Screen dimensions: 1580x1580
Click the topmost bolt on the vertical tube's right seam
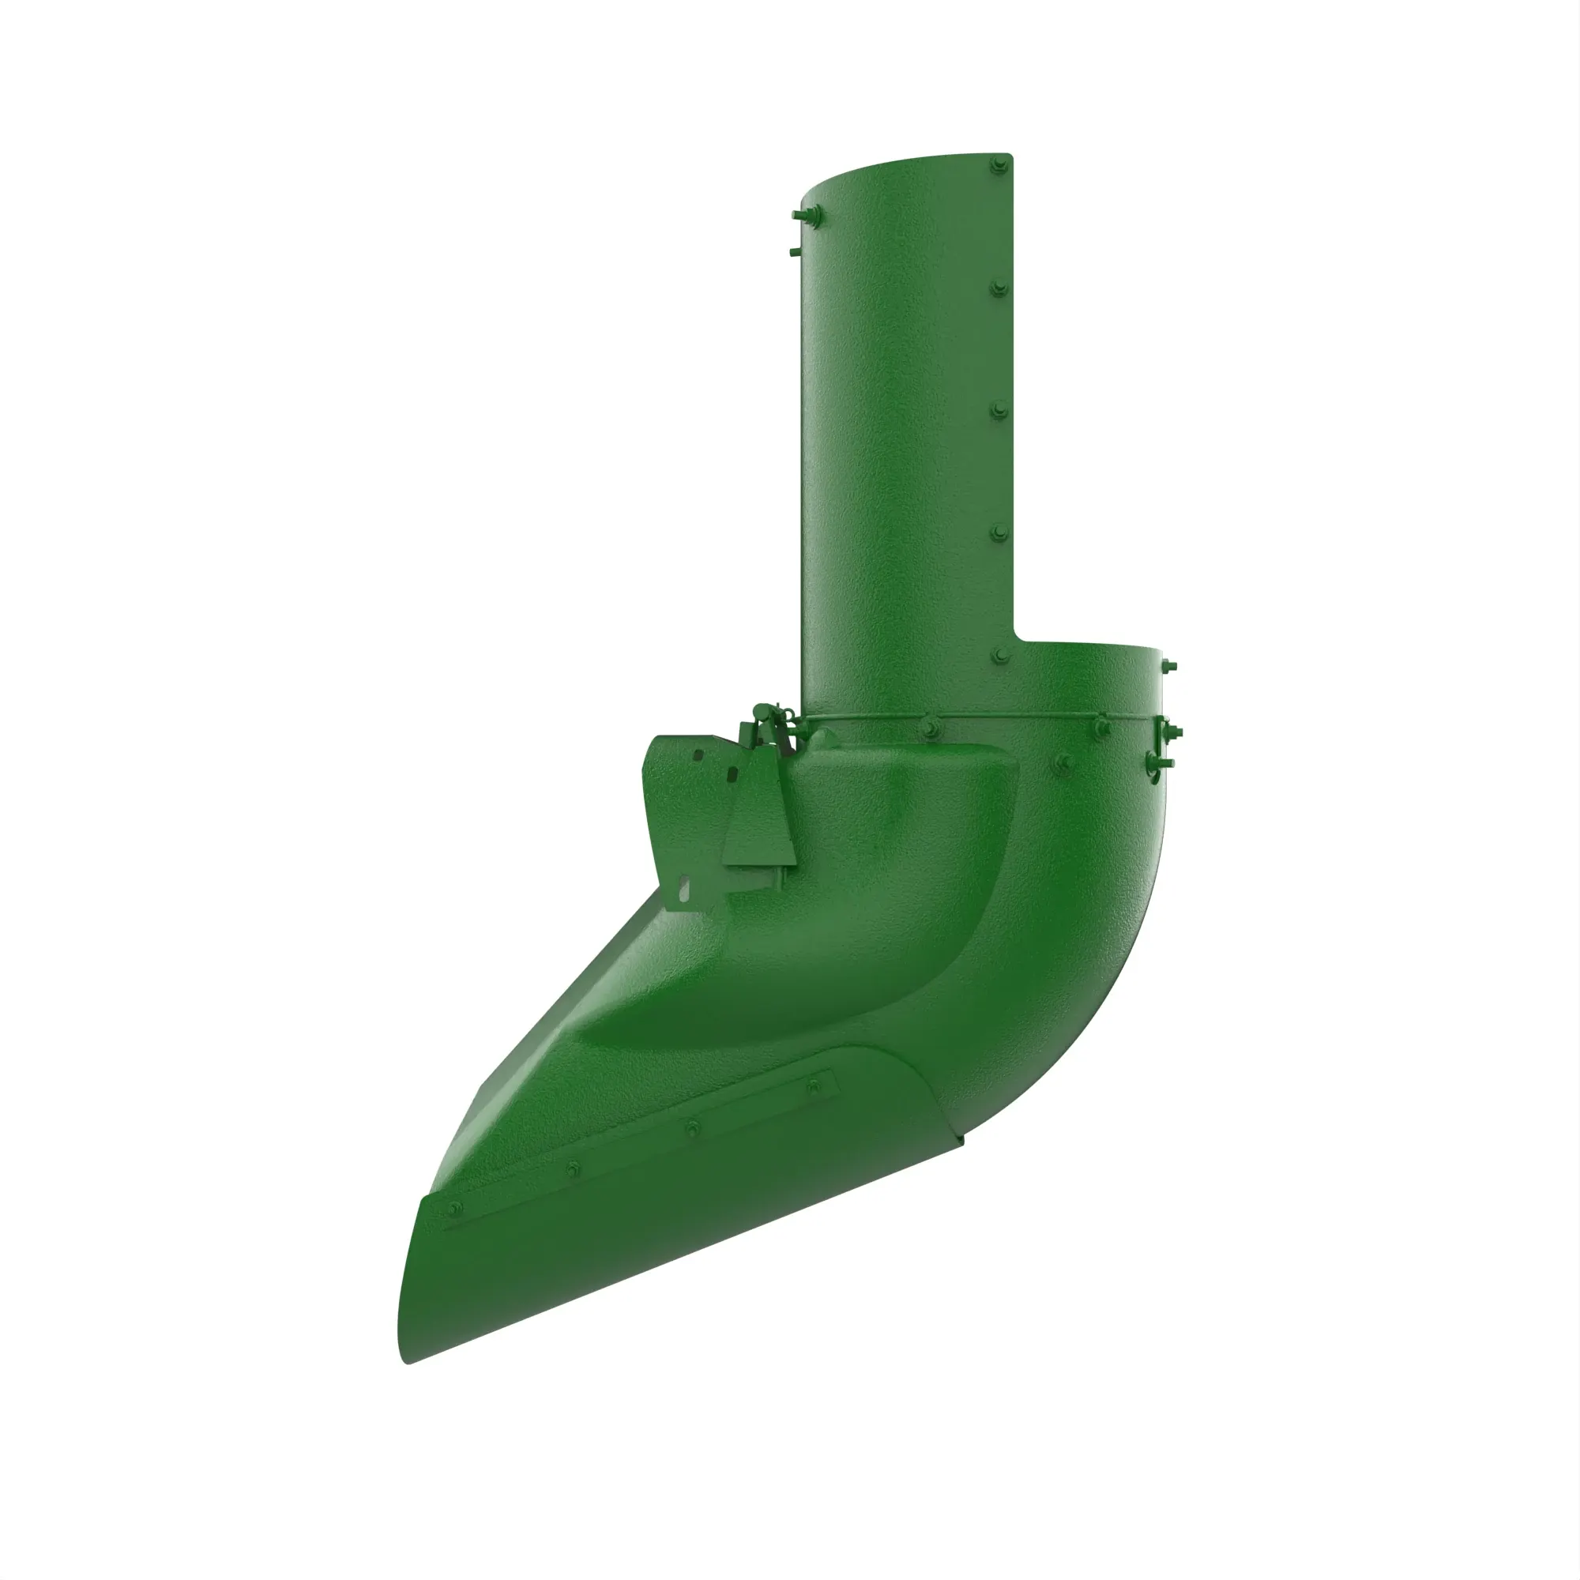click(x=996, y=166)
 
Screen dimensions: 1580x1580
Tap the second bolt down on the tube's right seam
click(x=999, y=288)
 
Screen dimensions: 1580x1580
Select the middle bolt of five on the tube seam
click(x=999, y=410)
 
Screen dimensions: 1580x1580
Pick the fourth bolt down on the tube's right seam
click(x=999, y=532)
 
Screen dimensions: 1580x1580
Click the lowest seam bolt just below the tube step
click(x=999, y=655)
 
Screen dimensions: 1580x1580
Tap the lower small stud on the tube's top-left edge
click(x=795, y=251)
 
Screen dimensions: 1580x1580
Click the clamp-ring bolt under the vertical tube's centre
click(x=930, y=726)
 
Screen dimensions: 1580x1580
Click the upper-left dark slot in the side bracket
click(x=698, y=756)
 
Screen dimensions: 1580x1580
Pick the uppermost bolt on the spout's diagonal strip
click(x=812, y=1085)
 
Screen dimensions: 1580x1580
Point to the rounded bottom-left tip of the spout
click(x=406, y=1357)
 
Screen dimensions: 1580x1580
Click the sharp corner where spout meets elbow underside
click(x=962, y=1137)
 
